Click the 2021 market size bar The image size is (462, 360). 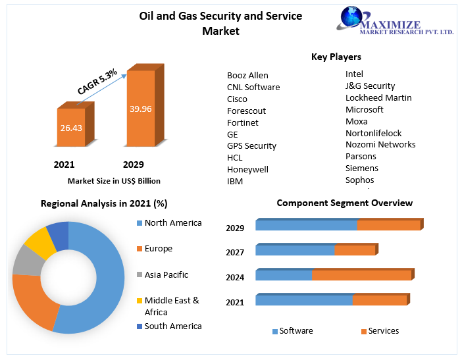click(x=71, y=127)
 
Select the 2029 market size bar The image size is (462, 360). click(x=140, y=108)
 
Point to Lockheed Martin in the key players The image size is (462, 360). click(x=378, y=97)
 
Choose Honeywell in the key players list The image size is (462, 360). click(x=247, y=169)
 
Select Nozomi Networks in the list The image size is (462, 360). click(x=380, y=144)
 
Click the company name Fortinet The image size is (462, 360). click(x=243, y=122)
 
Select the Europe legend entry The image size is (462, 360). click(x=158, y=249)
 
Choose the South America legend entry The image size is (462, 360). click(x=172, y=326)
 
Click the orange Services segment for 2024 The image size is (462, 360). click(x=361, y=275)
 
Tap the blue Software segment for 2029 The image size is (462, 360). click(x=306, y=225)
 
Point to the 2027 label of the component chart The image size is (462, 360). click(x=235, y=253)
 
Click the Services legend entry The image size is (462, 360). click(x=383, y=331)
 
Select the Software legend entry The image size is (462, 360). click(x=295, y=331)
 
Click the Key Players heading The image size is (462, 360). click(x=336, y=57)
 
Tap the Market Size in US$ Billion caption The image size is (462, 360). click(x=114, y=180)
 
